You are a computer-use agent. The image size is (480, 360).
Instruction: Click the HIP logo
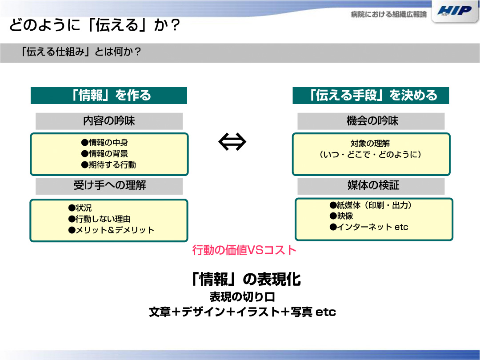pos(454,11)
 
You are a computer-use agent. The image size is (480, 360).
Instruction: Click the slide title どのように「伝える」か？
pos(95,25)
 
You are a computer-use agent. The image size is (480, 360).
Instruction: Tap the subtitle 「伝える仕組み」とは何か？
pos(80,52)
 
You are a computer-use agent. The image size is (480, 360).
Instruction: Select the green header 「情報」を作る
pos(109,96)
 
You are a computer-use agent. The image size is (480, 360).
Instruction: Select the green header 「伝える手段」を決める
pos(371,96)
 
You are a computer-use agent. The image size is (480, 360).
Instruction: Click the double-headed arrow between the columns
pos(232,142)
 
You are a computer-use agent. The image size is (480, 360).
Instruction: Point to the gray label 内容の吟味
pos(109,121)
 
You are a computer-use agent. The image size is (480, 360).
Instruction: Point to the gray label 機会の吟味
pos(371,121)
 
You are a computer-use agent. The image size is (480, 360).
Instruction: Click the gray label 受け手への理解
pos(109,185)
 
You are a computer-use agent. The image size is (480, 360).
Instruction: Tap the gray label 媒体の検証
pos(371,185)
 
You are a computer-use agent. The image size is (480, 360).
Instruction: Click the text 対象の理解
pos(370,143)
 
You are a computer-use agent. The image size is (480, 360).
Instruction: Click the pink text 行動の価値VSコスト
pos(244,250)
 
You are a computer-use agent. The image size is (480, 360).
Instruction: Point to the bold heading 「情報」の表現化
pos(245,279)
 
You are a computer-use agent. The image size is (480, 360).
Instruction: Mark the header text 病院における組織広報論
pos(389,14)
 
